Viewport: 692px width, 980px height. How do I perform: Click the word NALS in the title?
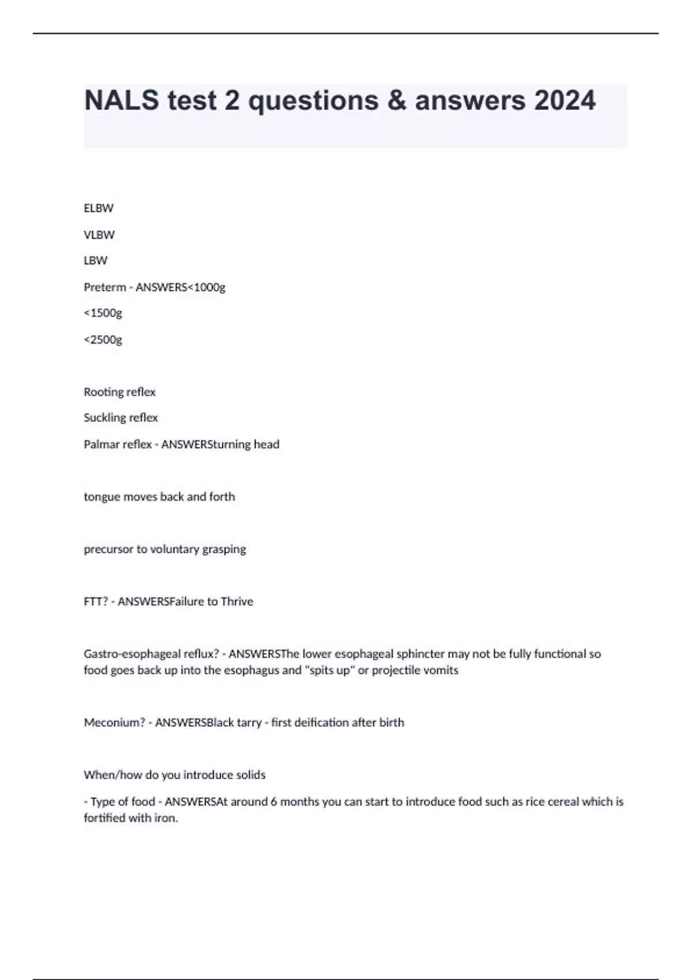pyautogui.click(x=122, y=101)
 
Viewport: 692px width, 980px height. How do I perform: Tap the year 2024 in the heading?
pyautogui.click(x=565, y=101)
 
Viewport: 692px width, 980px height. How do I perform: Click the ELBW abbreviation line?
pyautogui.click(x=99, y=208)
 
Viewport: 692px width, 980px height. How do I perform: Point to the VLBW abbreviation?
pyautogui.click(x=99, y=235)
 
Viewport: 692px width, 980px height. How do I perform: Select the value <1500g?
pyautogui.click(x=103, y=313)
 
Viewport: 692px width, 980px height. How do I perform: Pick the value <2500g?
pyautogui.click(x=103, y=340)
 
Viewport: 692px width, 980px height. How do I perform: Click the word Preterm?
pyautogui.click(x=105, y=287)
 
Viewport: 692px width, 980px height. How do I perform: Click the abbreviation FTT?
pyautogui.click(x=96, y=602)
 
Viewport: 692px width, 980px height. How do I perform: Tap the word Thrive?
pyautogui.click(x=237, y=602)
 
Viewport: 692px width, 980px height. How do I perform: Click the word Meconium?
pyautogui.click(x=114, y=723)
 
